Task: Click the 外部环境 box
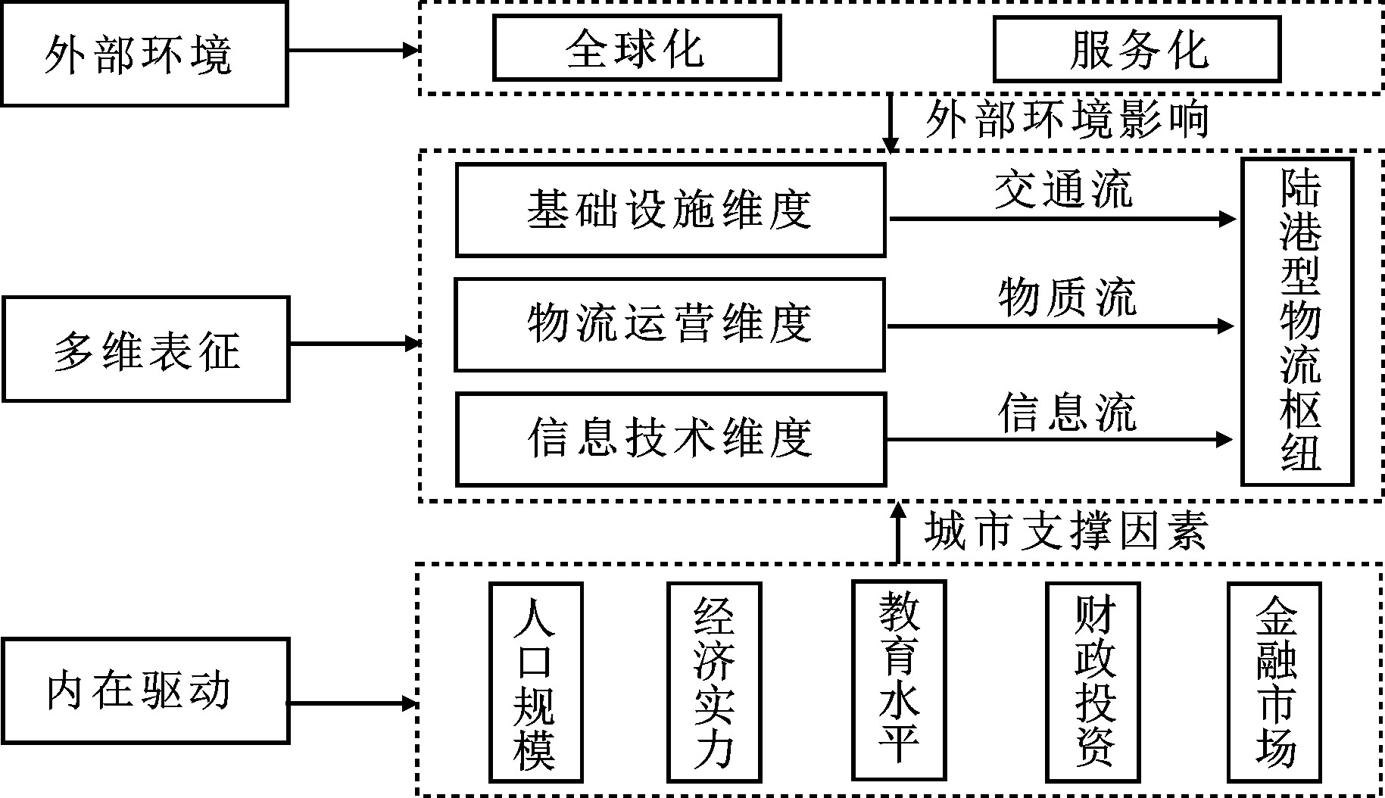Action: click(144, 54)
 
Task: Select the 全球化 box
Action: click(636, 48)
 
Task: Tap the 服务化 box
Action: click(1137, 48)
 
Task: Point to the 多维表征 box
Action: click(145, 348)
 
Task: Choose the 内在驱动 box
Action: click(145, 690)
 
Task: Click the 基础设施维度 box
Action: click(670, 210)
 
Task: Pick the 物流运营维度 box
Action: click(669, 324)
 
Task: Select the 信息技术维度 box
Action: click(670, 439)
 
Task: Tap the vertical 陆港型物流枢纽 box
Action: click(1297, 321)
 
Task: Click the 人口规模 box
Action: click(535, 681)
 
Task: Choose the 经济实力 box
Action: click(714, 681)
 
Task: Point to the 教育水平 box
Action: click(899, 679)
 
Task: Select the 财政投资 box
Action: click(1092, 681)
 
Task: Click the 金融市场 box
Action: click(1274, 681)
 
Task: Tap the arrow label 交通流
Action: click(1063, 189)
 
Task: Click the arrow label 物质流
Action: click(1066, 297)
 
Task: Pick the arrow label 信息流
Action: click(1066, 412)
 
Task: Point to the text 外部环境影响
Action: click(1066, 119)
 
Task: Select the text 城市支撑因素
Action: click(1065, 531)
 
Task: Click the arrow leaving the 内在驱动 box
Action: click(353, 704)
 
